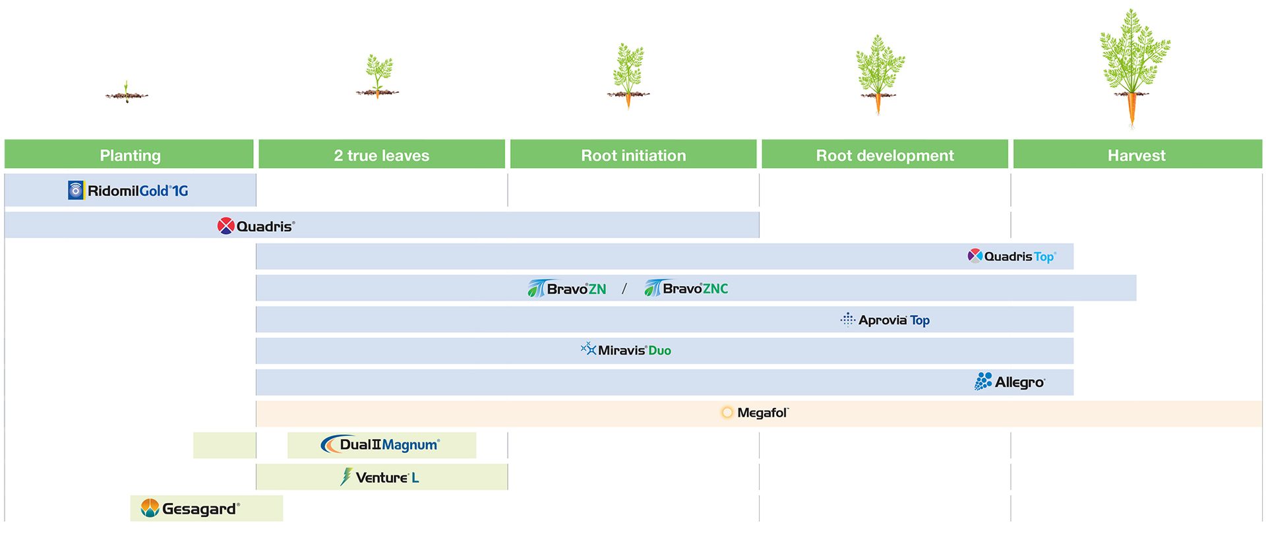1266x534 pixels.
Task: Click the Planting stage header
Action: point(129,155)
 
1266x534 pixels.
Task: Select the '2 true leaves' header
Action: point(381,155)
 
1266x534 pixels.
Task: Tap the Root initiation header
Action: point(633,155)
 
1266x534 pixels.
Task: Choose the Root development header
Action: point(884,155)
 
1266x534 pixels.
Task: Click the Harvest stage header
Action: point(1136,155)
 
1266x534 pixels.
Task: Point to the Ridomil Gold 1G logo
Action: point(129,191)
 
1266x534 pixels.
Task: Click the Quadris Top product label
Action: point(1011,256)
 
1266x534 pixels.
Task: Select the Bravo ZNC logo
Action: point(686,288)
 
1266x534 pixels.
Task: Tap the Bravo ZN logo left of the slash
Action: point(566,288)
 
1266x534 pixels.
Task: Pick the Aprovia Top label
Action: point(885,320)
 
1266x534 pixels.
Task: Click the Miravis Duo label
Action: point(626,350)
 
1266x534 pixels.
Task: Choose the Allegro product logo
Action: point(1010,382)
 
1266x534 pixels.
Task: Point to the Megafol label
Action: point(755,413)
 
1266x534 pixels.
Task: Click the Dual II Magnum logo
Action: point(380,445)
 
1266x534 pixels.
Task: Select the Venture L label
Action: point(380,477)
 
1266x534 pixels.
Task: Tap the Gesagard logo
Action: point(190,508)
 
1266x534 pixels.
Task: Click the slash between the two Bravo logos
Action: point(624,288)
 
